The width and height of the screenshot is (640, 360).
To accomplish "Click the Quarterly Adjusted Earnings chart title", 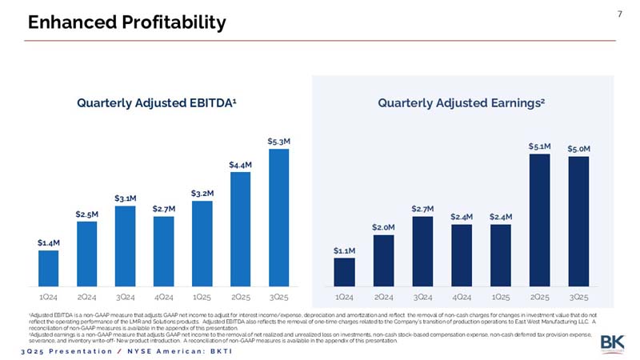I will (x=462, y=102).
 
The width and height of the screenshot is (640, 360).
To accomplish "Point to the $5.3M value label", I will (x=278, y=142).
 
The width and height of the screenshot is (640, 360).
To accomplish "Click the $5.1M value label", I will (x=539, y=146).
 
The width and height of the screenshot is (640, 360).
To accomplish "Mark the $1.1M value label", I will (x=344, y=250).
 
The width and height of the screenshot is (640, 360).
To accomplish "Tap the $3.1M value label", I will (x=125, y=198).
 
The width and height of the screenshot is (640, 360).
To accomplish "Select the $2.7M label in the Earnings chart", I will (x=422, y=209).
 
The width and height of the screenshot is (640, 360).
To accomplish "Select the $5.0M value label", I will (x=578, y=149).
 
